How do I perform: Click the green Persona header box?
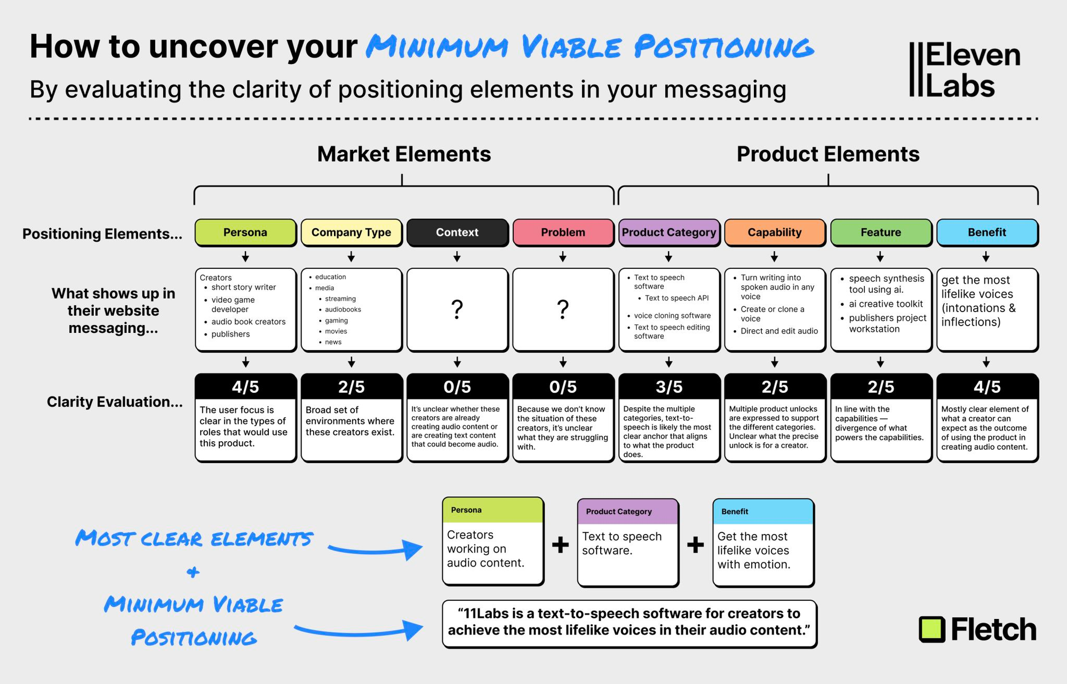[x=245, y=233]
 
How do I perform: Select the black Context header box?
[x=457, y=233]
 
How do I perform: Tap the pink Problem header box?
[x=563, y=233]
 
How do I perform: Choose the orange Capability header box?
[x=775, y=233]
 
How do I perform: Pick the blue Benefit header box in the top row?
[x=987, y=233]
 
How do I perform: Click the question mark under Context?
[x=457, y=309]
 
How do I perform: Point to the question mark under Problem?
[x=563, y=309]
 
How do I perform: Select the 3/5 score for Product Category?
[x=669, y=387]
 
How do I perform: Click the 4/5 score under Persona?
[x=245, y=387]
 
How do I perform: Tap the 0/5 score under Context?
[x=457, y=387]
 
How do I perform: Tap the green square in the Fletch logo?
[x=932, y=630]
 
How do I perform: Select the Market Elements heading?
[x=404, y=154]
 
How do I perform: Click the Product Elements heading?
[x=828, y=154]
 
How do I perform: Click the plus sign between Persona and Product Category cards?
[x=560, y=545]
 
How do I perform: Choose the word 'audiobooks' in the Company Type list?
[x=343, y=309]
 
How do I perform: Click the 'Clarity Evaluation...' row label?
[x=115, y=402]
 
